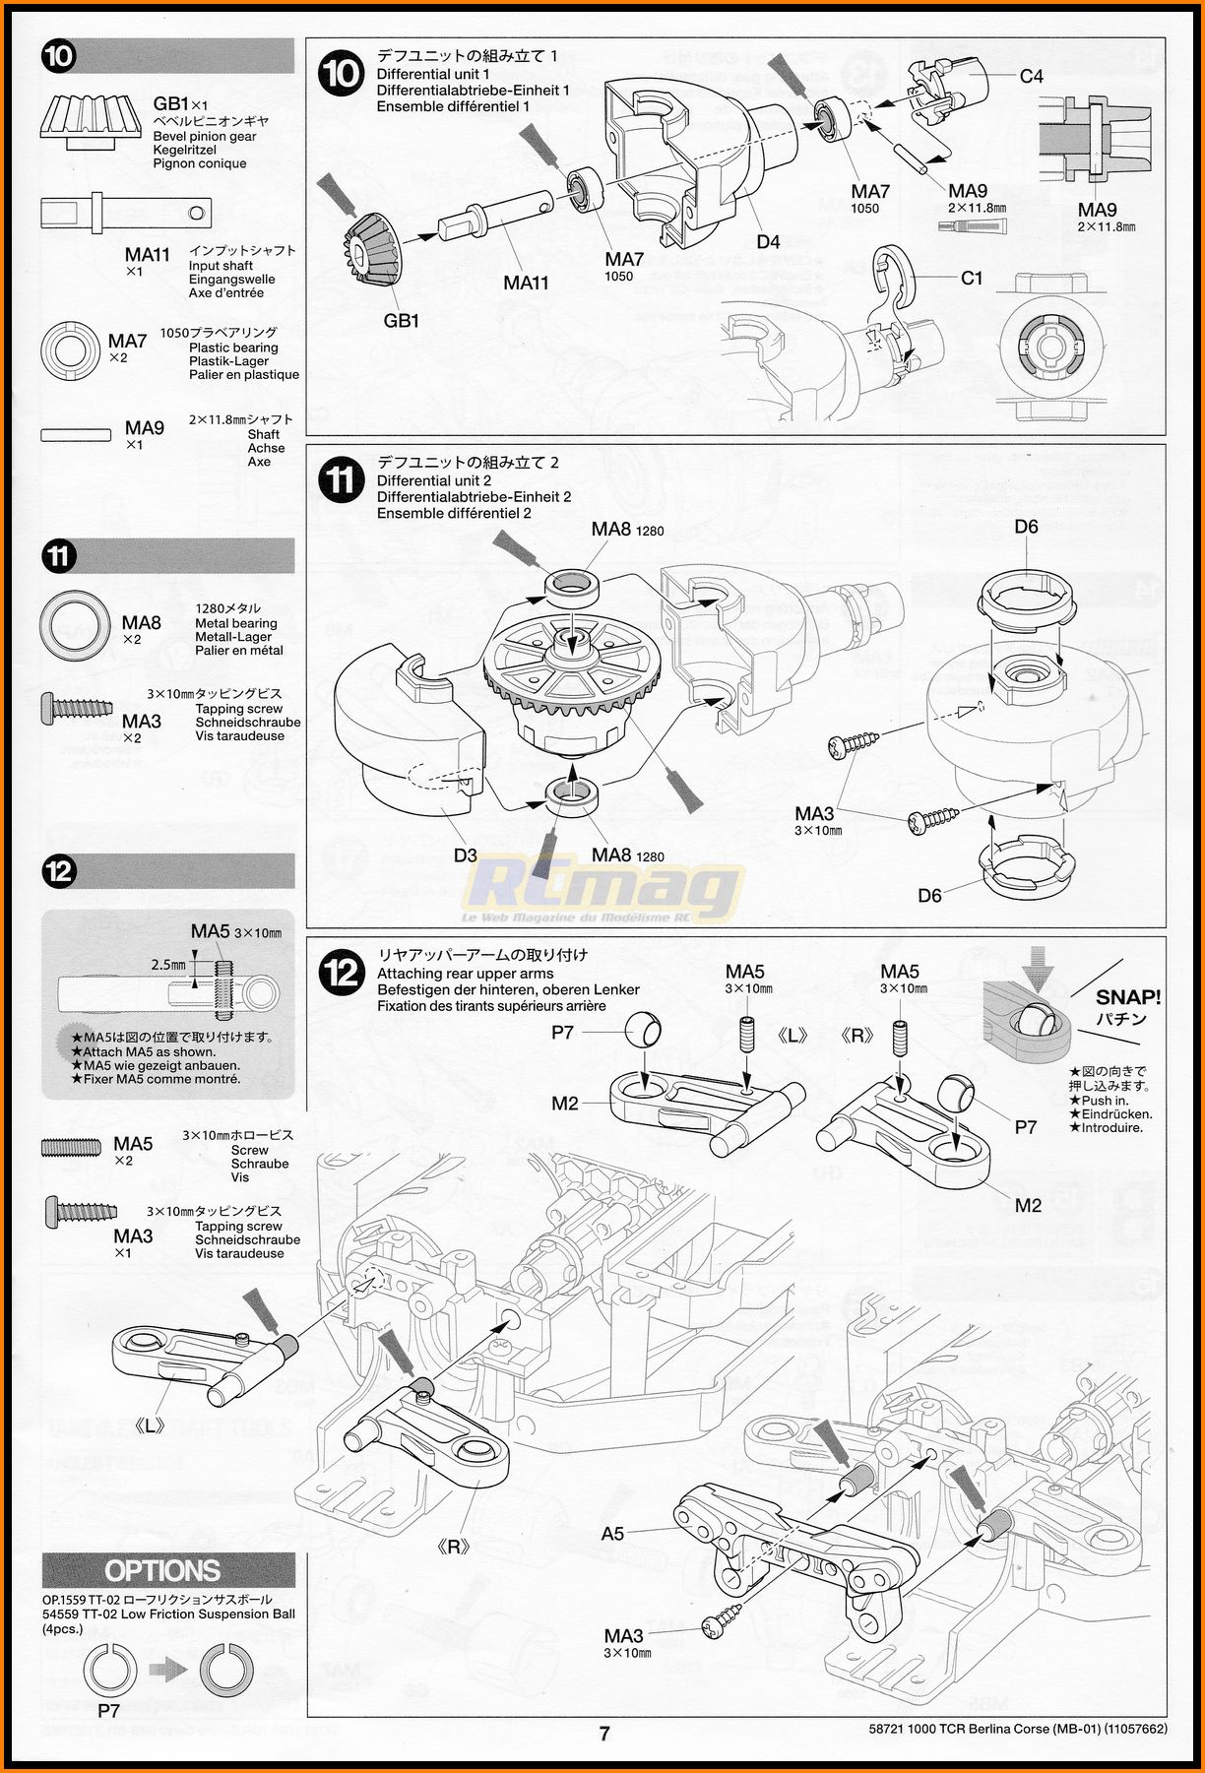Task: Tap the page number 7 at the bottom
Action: coord(604,1734)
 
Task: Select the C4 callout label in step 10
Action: coord(1031,76)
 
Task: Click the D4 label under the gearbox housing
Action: coord(768,241)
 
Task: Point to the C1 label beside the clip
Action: coord(972,279)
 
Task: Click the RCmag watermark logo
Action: coord(602,890)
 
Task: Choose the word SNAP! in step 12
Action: coord(1128,997)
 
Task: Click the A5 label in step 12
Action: coord(612,1533)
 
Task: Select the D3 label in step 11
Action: coord(465,855)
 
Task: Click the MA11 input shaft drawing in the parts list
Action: coord(126,213)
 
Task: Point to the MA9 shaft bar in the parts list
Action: coord(77,434)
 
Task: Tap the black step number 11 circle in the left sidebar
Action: coord(59,556)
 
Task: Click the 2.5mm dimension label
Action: coord(168,965)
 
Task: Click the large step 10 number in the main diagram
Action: coord(342,74)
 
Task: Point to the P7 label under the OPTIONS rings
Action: coord(108,1710)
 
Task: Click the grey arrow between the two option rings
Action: coord(168,1669)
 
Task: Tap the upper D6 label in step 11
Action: coord(1026,527)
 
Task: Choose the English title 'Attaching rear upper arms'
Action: coord(465,974)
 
